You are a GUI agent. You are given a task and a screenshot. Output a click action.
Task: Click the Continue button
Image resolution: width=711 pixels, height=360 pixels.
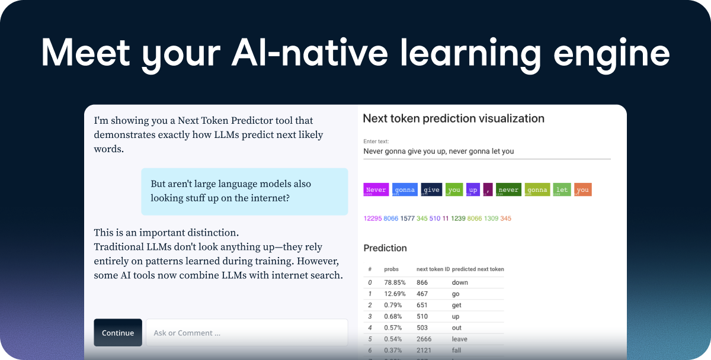click(x=118, y=333)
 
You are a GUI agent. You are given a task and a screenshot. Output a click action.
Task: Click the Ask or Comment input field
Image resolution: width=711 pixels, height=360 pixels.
click(x=246, y=333)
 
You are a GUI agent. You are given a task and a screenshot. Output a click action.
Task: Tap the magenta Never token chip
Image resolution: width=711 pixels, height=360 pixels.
click(x=376, y=189)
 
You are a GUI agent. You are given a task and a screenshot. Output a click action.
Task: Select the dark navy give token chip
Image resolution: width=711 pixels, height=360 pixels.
click(x=431, y=189)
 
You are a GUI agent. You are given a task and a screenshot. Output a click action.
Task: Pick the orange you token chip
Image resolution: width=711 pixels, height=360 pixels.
click(x=583, y=189)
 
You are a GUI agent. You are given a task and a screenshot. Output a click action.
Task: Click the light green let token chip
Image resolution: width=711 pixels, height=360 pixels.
click(x=562, y=189)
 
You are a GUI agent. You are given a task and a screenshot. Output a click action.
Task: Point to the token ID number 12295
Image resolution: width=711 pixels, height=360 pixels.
click(x=372, y=218)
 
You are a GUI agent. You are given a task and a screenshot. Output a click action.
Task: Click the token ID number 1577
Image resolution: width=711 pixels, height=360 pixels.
click(x=407, y=218)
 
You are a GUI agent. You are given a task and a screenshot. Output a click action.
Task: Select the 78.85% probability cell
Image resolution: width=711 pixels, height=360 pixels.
click(x=393, y=282)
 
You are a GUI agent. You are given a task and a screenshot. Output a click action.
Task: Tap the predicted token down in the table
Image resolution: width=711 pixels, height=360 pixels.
click(x=460, y=282)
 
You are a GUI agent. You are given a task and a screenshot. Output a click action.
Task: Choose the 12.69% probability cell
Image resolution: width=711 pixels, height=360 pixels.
click(x=393, y=294)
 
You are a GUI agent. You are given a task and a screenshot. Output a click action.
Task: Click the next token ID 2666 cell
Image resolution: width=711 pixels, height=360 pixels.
click(x=424, y=339)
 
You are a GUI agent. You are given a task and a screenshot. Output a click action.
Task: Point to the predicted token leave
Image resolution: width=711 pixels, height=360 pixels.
click(x=460, y=339)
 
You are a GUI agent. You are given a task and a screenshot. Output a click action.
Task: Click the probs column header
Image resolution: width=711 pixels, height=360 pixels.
click(x=391, y=269)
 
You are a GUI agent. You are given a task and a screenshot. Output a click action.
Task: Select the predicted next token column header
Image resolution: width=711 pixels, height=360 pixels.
click(x=478, y=269)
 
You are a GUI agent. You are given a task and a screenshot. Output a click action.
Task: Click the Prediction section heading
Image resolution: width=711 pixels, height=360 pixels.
click(x=385, y=248)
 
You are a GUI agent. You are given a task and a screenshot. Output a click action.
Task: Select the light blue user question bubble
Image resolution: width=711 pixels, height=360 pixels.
click(x=244, y=191)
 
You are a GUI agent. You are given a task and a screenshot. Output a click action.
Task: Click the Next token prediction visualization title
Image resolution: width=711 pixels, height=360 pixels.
click(x=453, y=118)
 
